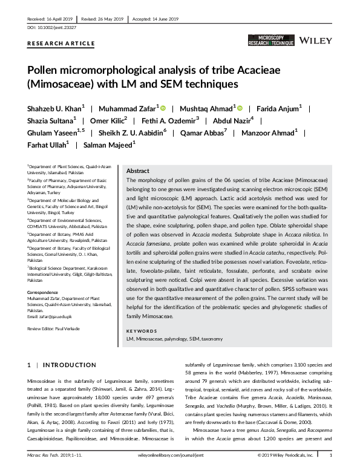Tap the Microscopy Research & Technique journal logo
click(x=270, y=41)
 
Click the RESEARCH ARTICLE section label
click(x=61, y=44)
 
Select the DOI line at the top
click(x=51, y=28)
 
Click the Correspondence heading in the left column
click(x=44, y=292)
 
